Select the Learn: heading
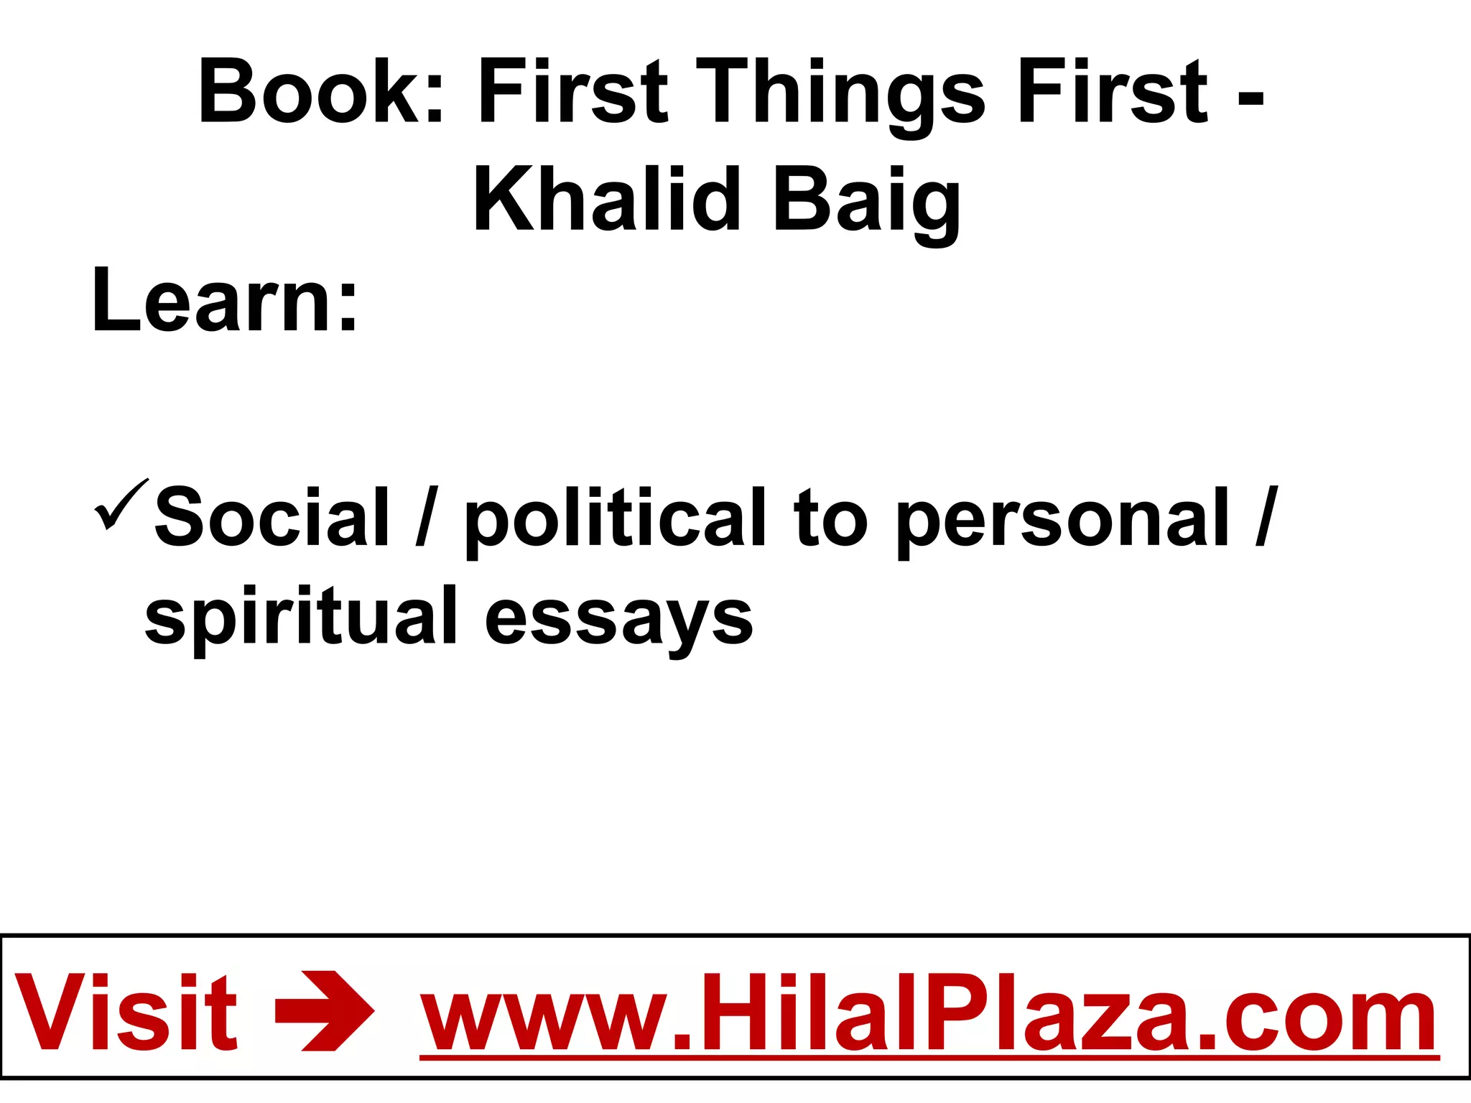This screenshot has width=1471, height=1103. click(225, 299)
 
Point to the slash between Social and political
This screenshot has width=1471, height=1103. click(427, 516)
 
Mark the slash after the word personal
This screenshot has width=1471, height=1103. click(1266, 516)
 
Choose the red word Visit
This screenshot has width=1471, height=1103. click(126, 1013)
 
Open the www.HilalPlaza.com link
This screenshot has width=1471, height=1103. click(929, 1013)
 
